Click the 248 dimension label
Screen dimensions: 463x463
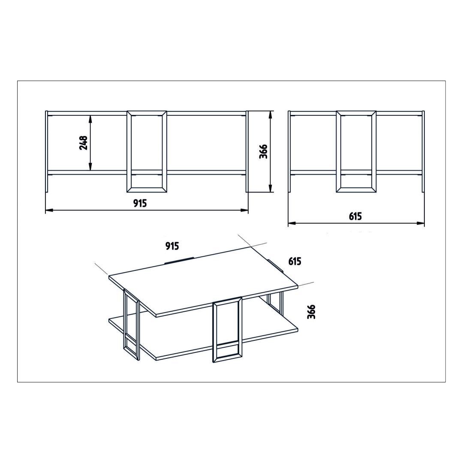coord(84,143)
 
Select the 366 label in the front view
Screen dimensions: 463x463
coord(263,151)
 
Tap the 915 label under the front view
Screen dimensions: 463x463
coord(140,203)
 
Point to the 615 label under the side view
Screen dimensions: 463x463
coord(355,216)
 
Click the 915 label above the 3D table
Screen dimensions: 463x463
coord(172,246)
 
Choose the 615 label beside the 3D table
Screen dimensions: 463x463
coord(295,262)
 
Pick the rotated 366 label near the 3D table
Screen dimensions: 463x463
coord(311,312)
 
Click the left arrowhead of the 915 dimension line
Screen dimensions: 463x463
coord(49,210)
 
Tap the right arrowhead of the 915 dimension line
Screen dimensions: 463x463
coord(244,210)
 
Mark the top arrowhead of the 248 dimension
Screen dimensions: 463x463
coord(90,119)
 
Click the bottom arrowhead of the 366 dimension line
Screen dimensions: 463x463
coord(270,188)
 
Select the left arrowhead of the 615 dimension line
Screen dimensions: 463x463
coord(292,223)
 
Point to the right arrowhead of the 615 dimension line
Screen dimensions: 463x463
coord(421,223)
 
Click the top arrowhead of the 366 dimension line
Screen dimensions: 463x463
coord(270,115)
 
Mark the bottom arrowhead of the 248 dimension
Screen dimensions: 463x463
coord(90,166)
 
